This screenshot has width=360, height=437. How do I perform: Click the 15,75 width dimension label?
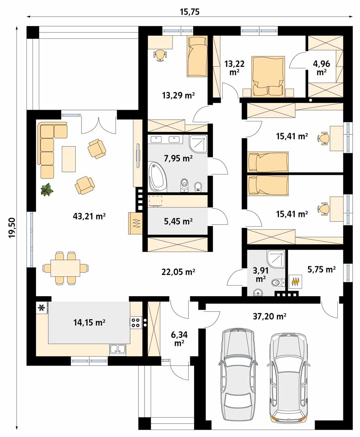coord(190,12)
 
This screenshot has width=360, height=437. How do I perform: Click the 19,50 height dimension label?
coord(12,228)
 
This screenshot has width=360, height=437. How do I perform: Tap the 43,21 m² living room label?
coord(89,216)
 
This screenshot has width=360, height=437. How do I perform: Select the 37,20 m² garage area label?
coord(269,316)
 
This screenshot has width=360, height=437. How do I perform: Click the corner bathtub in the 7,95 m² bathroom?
coord(158,177)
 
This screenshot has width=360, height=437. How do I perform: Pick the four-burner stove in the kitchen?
coord(136,322)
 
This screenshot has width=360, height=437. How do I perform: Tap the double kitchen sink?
coord(118,349)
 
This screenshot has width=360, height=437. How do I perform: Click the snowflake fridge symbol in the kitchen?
coord(42,308)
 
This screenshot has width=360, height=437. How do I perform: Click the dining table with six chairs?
coord(66,268)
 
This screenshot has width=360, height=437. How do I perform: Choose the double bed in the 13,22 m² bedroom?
coord(268,76)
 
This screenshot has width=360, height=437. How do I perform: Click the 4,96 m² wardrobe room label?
coord(322,68)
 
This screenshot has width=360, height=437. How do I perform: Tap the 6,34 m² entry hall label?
coord(179,338)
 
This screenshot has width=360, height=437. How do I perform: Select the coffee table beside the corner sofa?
coord(68,159)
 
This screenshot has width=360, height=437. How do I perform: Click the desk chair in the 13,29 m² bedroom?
coord(160,55)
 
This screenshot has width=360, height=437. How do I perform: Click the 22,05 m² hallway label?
coord(178,272)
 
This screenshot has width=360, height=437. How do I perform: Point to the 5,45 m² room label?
coord(178,221)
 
